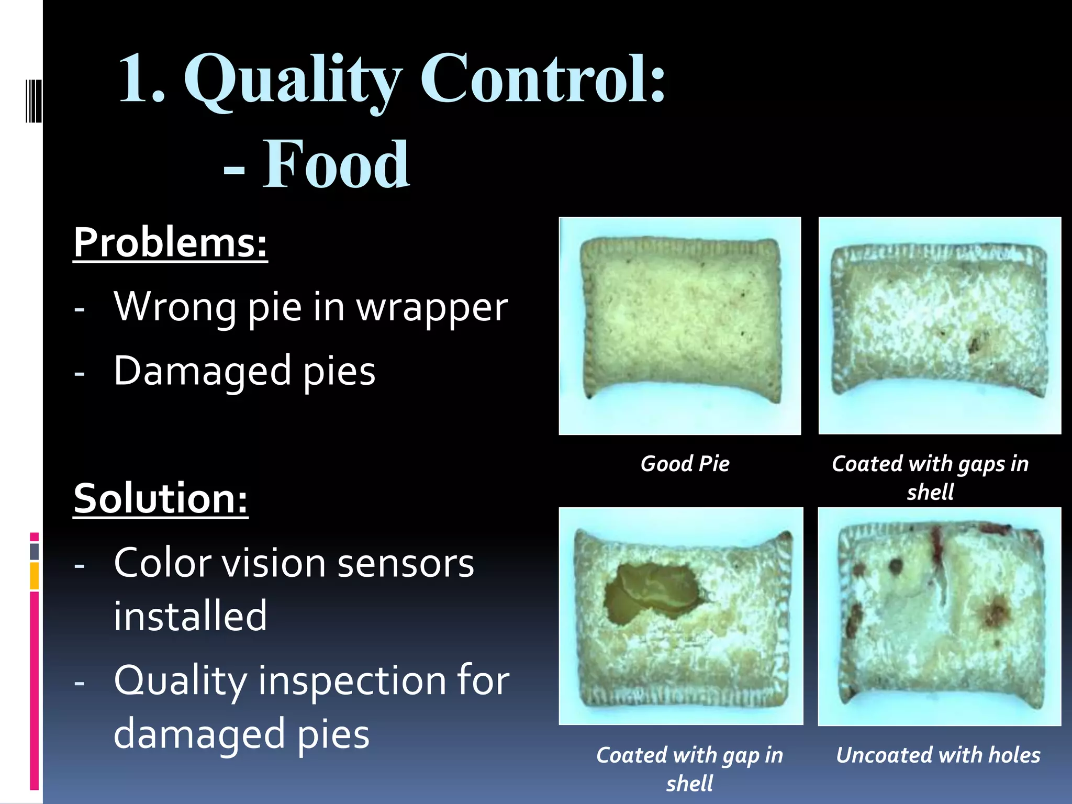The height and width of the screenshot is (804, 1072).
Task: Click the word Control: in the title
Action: point(542,80)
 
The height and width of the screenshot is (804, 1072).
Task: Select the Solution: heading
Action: point(160,498)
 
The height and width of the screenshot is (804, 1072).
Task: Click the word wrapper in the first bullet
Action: point(432,308)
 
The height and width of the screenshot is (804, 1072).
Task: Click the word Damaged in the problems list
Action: point(202,371)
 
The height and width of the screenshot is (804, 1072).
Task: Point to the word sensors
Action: point(406,564)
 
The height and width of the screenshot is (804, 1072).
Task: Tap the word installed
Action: point(190,616)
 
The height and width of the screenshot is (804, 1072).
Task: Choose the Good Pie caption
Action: point(685,464)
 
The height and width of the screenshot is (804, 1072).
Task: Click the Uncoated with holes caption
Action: point(938,755)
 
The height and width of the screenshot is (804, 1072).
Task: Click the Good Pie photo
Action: point(680,326)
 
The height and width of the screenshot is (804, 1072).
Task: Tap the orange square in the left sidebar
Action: point(34,576)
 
